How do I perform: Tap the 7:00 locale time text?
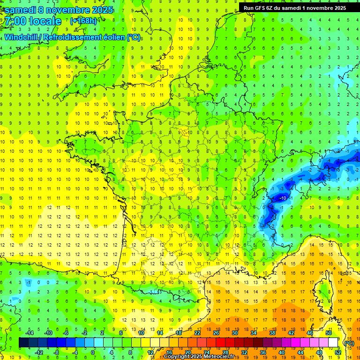[33, 21]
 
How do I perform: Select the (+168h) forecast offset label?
[83, 21]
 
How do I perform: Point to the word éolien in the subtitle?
[111, 37]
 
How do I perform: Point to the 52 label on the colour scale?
[338, 352]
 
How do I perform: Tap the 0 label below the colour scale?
[92, 352]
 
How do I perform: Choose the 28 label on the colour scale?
[225, 352]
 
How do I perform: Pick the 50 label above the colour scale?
[328, 333]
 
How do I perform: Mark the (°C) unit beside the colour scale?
[349, 343]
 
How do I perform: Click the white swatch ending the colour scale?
[333, 343]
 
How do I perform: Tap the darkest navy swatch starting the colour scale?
[23, 343]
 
